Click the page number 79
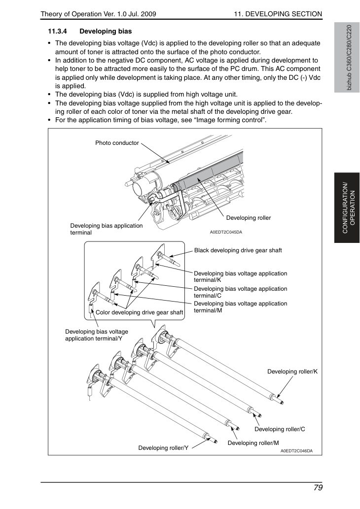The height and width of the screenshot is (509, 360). click(318, 488)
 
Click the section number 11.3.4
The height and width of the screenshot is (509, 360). click(58, 32)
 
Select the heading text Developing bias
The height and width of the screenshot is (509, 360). click(106, 32)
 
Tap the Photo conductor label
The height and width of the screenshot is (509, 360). click(117, 143)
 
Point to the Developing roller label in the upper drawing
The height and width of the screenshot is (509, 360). click(249, 218)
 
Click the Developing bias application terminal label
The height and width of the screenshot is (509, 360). click(107, 229)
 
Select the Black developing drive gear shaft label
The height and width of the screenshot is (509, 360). click(238, 250)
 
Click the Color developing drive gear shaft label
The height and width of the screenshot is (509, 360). click(140, 312)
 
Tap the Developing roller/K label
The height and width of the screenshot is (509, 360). click(292, 372)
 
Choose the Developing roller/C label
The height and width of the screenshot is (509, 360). click(280, 429)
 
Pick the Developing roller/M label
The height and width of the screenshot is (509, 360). click(253, 443)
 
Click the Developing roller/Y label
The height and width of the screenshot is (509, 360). click(163, 448)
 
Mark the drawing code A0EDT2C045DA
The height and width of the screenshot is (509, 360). click(226, 232)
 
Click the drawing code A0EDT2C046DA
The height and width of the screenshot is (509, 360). click(297, 451)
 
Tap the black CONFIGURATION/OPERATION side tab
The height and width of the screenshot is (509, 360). click(347, 208)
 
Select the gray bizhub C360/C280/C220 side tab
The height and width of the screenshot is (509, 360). click(347, 58)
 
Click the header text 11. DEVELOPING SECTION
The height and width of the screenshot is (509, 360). click(278, 14)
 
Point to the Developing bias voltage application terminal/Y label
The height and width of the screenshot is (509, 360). click(97, 335)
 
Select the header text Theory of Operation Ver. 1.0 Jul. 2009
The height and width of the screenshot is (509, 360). click(99, 14)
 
